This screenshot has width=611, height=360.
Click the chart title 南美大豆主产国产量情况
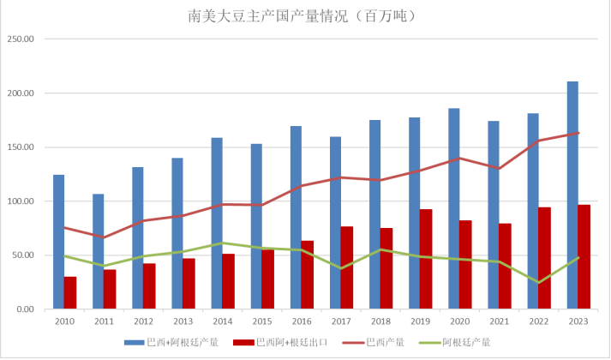pyautogui.click(x=304, y=15)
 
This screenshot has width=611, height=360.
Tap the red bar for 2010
pyautogui.click(x=70, y=293)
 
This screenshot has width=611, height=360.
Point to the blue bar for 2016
pyautogui.click(x=296, y=218)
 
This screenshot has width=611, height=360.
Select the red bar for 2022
pyautogui.click(x=544, y=258)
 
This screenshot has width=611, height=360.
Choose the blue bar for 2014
pyautogui.click(x=217, y=223)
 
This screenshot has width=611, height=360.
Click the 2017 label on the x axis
pyautogui.click(x=341, y=321)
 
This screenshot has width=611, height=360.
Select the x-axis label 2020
pyautogui.click(x=459, y=321)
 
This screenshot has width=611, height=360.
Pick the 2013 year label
pyautogui.click(x=183, y=321)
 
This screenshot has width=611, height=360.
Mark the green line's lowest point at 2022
pyautogui.click(x=538, y=282)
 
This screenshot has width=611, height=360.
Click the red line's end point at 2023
pyautogui.click(x=578, y=133)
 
